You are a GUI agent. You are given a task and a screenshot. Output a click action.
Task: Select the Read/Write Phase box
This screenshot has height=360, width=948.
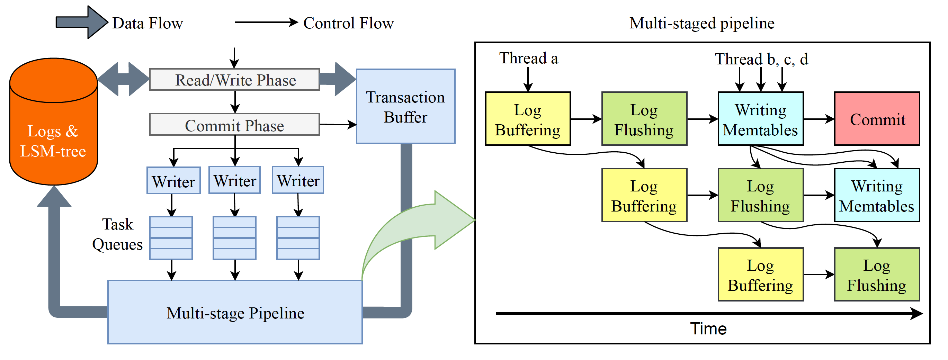tap(234, 80)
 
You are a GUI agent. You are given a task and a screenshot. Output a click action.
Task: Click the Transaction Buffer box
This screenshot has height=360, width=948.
tap(405, 106)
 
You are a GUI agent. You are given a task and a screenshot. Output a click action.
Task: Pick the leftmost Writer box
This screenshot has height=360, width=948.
tap(173, 181)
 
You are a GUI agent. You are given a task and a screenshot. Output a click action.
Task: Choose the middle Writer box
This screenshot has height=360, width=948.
tap(234, 180)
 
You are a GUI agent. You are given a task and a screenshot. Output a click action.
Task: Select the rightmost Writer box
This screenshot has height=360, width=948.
tap(298, 180)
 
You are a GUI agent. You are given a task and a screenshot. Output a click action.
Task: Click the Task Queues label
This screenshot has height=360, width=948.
tap(117, 234)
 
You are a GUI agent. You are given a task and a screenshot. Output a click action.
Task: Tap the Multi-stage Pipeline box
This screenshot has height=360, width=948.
tap(235, 313)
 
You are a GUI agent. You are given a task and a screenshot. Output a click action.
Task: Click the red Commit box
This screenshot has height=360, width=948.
tap(877, 119)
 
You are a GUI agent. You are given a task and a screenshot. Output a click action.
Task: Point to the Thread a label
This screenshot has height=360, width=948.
tap(528, 58)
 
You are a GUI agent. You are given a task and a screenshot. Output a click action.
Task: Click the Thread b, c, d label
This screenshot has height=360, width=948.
tap(761, 59)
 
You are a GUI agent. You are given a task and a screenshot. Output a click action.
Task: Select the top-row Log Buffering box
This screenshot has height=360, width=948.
tap(528, 119)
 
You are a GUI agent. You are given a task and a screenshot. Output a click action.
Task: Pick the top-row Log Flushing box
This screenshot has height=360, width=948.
tap(644, 119)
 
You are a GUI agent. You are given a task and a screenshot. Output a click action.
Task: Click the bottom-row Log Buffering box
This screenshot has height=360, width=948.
tap(760, 274)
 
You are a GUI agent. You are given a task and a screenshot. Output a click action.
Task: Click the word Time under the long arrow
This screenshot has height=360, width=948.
tap(708, 329)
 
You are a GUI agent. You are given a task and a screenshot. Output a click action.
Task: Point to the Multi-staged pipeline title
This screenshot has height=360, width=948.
tap(702, 23)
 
